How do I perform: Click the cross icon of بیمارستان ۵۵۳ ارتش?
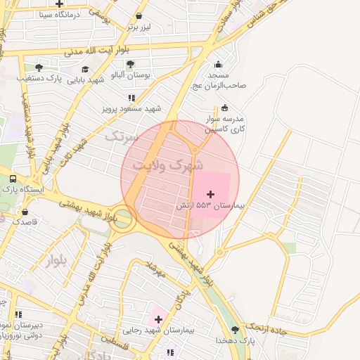[210, 193]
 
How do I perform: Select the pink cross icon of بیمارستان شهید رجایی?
[158, 319]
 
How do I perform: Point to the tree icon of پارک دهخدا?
[235, 330]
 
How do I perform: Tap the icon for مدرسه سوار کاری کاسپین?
[224, 108]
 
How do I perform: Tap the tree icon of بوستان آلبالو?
[130, 65]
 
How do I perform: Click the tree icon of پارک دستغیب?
[39, 68]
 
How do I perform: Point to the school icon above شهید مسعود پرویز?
[131, 98]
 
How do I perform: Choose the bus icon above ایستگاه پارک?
[13, 179]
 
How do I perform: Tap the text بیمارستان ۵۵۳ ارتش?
[212, 205]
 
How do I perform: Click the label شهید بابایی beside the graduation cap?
[86, 79]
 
